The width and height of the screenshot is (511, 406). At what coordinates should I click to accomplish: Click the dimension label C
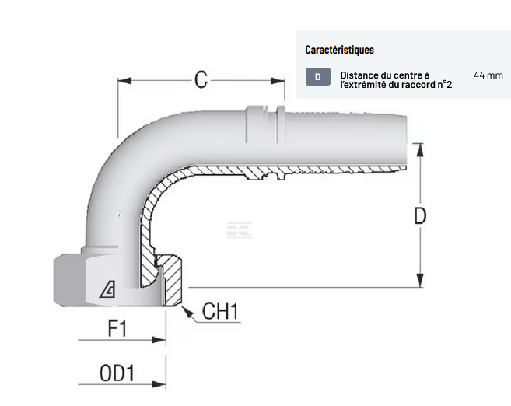click(201, 79)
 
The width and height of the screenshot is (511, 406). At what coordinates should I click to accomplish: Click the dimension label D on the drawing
click(420, 215)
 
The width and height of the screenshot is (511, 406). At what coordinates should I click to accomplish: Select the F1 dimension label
click(116, 328)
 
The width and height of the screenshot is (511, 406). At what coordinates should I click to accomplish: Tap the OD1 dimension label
click(117, 373)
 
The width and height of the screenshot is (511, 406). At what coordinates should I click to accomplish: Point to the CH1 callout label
click(219, 313)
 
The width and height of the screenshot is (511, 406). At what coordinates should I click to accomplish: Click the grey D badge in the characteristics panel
click(318, 76)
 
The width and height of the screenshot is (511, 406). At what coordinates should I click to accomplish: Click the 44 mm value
click(488, 75)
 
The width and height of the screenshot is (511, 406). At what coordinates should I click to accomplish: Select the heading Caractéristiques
click(339, 50)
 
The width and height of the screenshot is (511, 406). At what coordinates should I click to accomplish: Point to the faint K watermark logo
click(240, 230)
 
